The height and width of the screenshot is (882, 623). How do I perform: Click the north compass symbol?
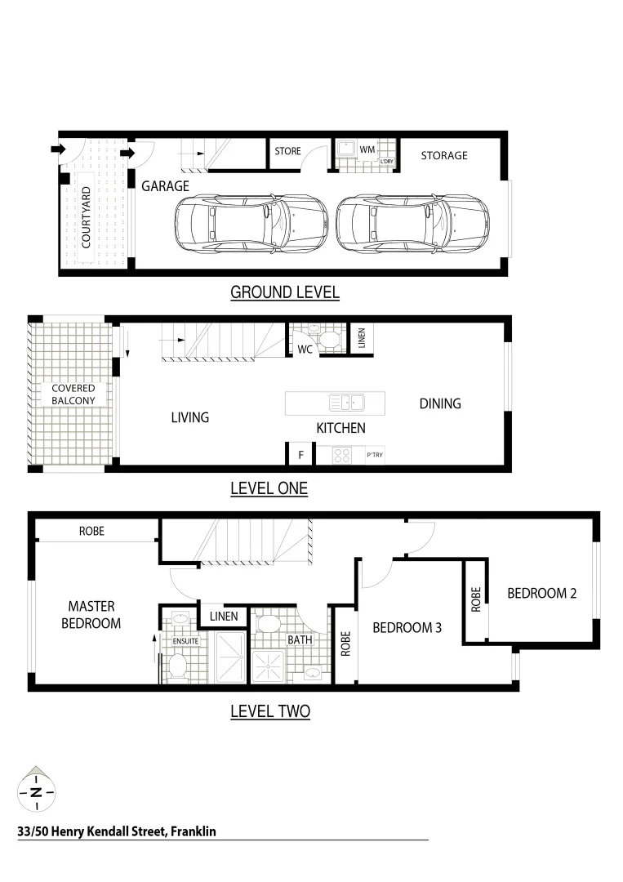click(x=36, y=790)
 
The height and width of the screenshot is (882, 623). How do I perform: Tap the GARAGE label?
click(x=165, y=186)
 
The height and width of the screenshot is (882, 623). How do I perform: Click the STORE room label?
click(x=287, y=151)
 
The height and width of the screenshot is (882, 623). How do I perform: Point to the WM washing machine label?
click(x=367, y=149)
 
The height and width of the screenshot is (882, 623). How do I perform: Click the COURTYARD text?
click(x=86, y=217)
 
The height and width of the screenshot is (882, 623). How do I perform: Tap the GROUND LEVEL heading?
click(x=284, y=292)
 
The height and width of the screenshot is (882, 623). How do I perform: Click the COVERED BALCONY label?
click(x=73, y=394)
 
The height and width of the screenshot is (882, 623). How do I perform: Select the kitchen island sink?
click(x=347, y=403)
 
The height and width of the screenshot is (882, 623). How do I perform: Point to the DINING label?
click(x=440, y=403)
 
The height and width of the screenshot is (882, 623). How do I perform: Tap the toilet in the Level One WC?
click(x=329, y=338)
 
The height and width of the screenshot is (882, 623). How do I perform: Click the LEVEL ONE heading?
click(x=269, y=489)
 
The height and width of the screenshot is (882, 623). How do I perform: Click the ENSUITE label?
click(x=186, y=641)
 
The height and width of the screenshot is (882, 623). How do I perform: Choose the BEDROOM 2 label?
click(x=542, y=594)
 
